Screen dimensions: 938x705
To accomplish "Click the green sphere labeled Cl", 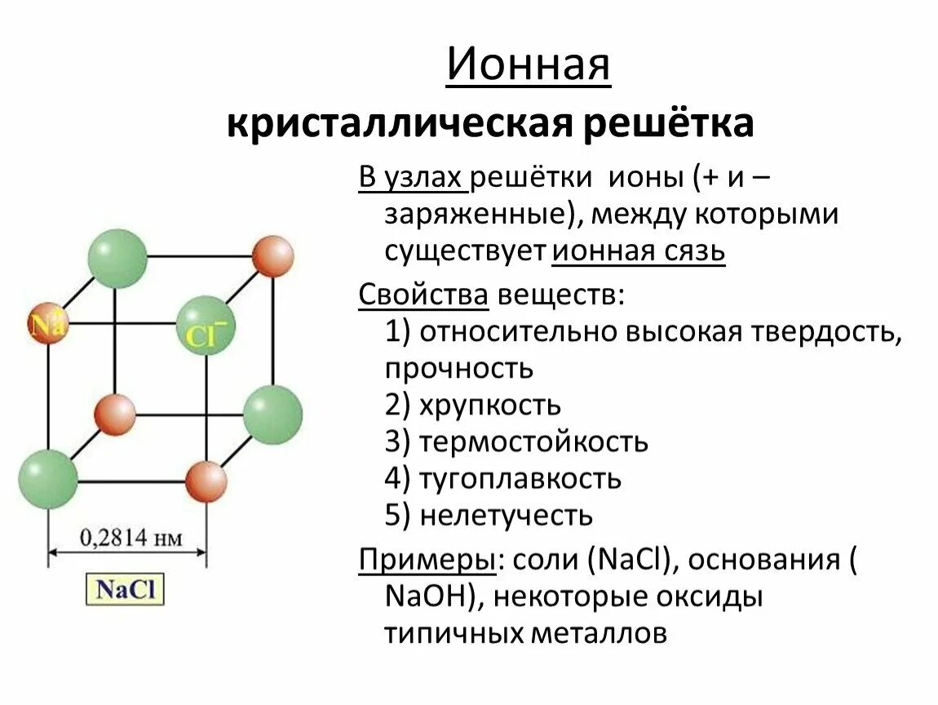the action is (205, 326).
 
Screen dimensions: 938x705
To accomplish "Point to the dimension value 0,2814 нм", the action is (130, 538).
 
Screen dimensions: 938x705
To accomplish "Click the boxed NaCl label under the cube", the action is (126, 588).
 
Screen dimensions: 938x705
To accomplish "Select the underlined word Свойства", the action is (423, 295).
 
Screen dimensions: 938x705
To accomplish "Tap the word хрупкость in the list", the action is (489, 405).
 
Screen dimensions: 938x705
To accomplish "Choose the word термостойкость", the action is (533, 441).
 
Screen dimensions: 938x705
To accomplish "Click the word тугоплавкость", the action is (520, 478).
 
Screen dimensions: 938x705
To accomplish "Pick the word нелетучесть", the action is (505, 515).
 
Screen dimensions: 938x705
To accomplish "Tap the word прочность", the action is (459, 368).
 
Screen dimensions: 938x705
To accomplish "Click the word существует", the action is (465, 251).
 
